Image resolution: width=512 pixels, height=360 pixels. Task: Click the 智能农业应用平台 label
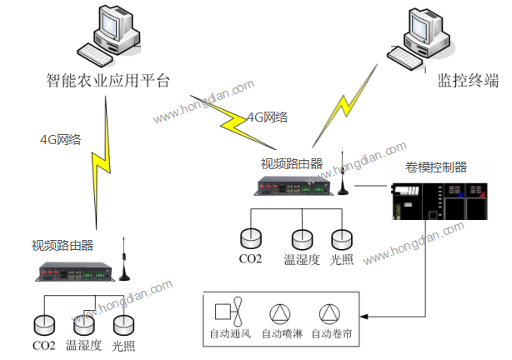108,81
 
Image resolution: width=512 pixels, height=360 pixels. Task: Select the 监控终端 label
468,81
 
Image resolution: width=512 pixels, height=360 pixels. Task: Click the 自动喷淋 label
280,334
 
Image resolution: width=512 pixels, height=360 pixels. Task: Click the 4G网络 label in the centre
268,117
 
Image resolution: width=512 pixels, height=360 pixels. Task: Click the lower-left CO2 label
44,345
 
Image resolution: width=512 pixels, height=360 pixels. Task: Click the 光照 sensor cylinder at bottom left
123,324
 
